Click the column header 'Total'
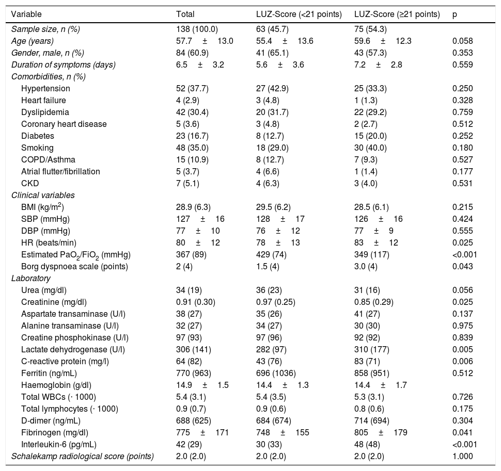(185, 14)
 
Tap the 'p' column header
(455, 14)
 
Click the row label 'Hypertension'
(45, 88)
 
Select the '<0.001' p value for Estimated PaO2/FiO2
(464, 254)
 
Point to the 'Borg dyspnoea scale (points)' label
(74, 266)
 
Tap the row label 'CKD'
(30, 183)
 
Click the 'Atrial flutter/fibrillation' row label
(60, 171)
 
